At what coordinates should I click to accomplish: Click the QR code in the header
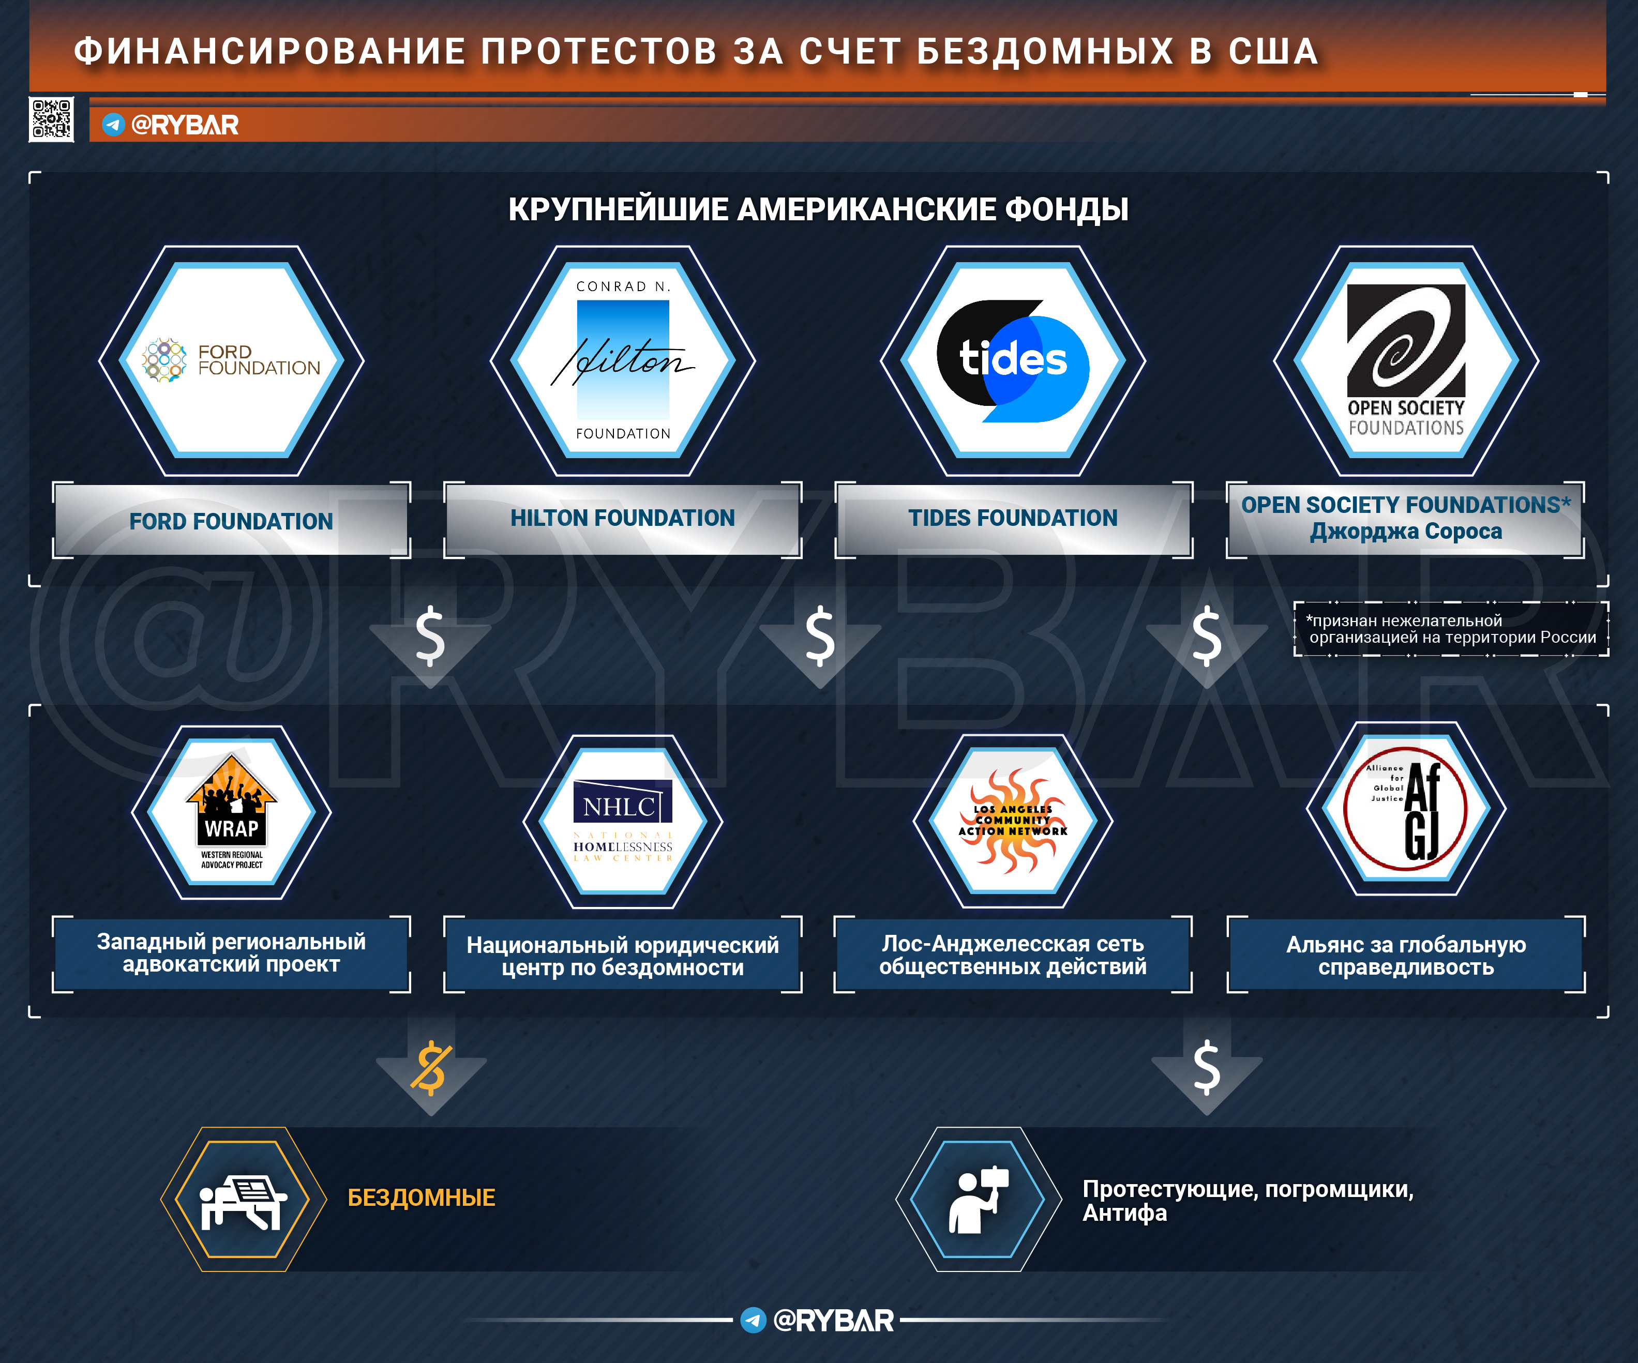click(x=52, y=119)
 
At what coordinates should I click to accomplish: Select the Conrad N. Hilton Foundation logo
click(x=622, y=360)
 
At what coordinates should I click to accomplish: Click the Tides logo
click(x=1013, y=360)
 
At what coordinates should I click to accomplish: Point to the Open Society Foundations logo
click(x=1406, y=360)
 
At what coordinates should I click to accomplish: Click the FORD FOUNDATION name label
click(x=231, y=521)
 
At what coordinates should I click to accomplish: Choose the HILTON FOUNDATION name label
click(x=622, y=518)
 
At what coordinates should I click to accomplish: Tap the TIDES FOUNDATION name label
click(x=1013, y=518)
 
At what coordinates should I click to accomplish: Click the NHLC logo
click(x=622, y=820)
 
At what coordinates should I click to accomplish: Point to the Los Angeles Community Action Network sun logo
click(x=1013, y=820)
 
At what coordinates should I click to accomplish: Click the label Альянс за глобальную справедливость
click(x=1406, y=955)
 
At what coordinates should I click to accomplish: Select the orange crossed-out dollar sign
click(x=430, y=1067)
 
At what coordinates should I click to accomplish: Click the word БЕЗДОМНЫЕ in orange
click(x=421, y=1198)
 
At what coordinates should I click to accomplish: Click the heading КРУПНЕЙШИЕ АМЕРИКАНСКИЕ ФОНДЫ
click(x=818, y=209)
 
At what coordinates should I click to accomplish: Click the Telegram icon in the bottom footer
click(x=753, y=1320)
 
